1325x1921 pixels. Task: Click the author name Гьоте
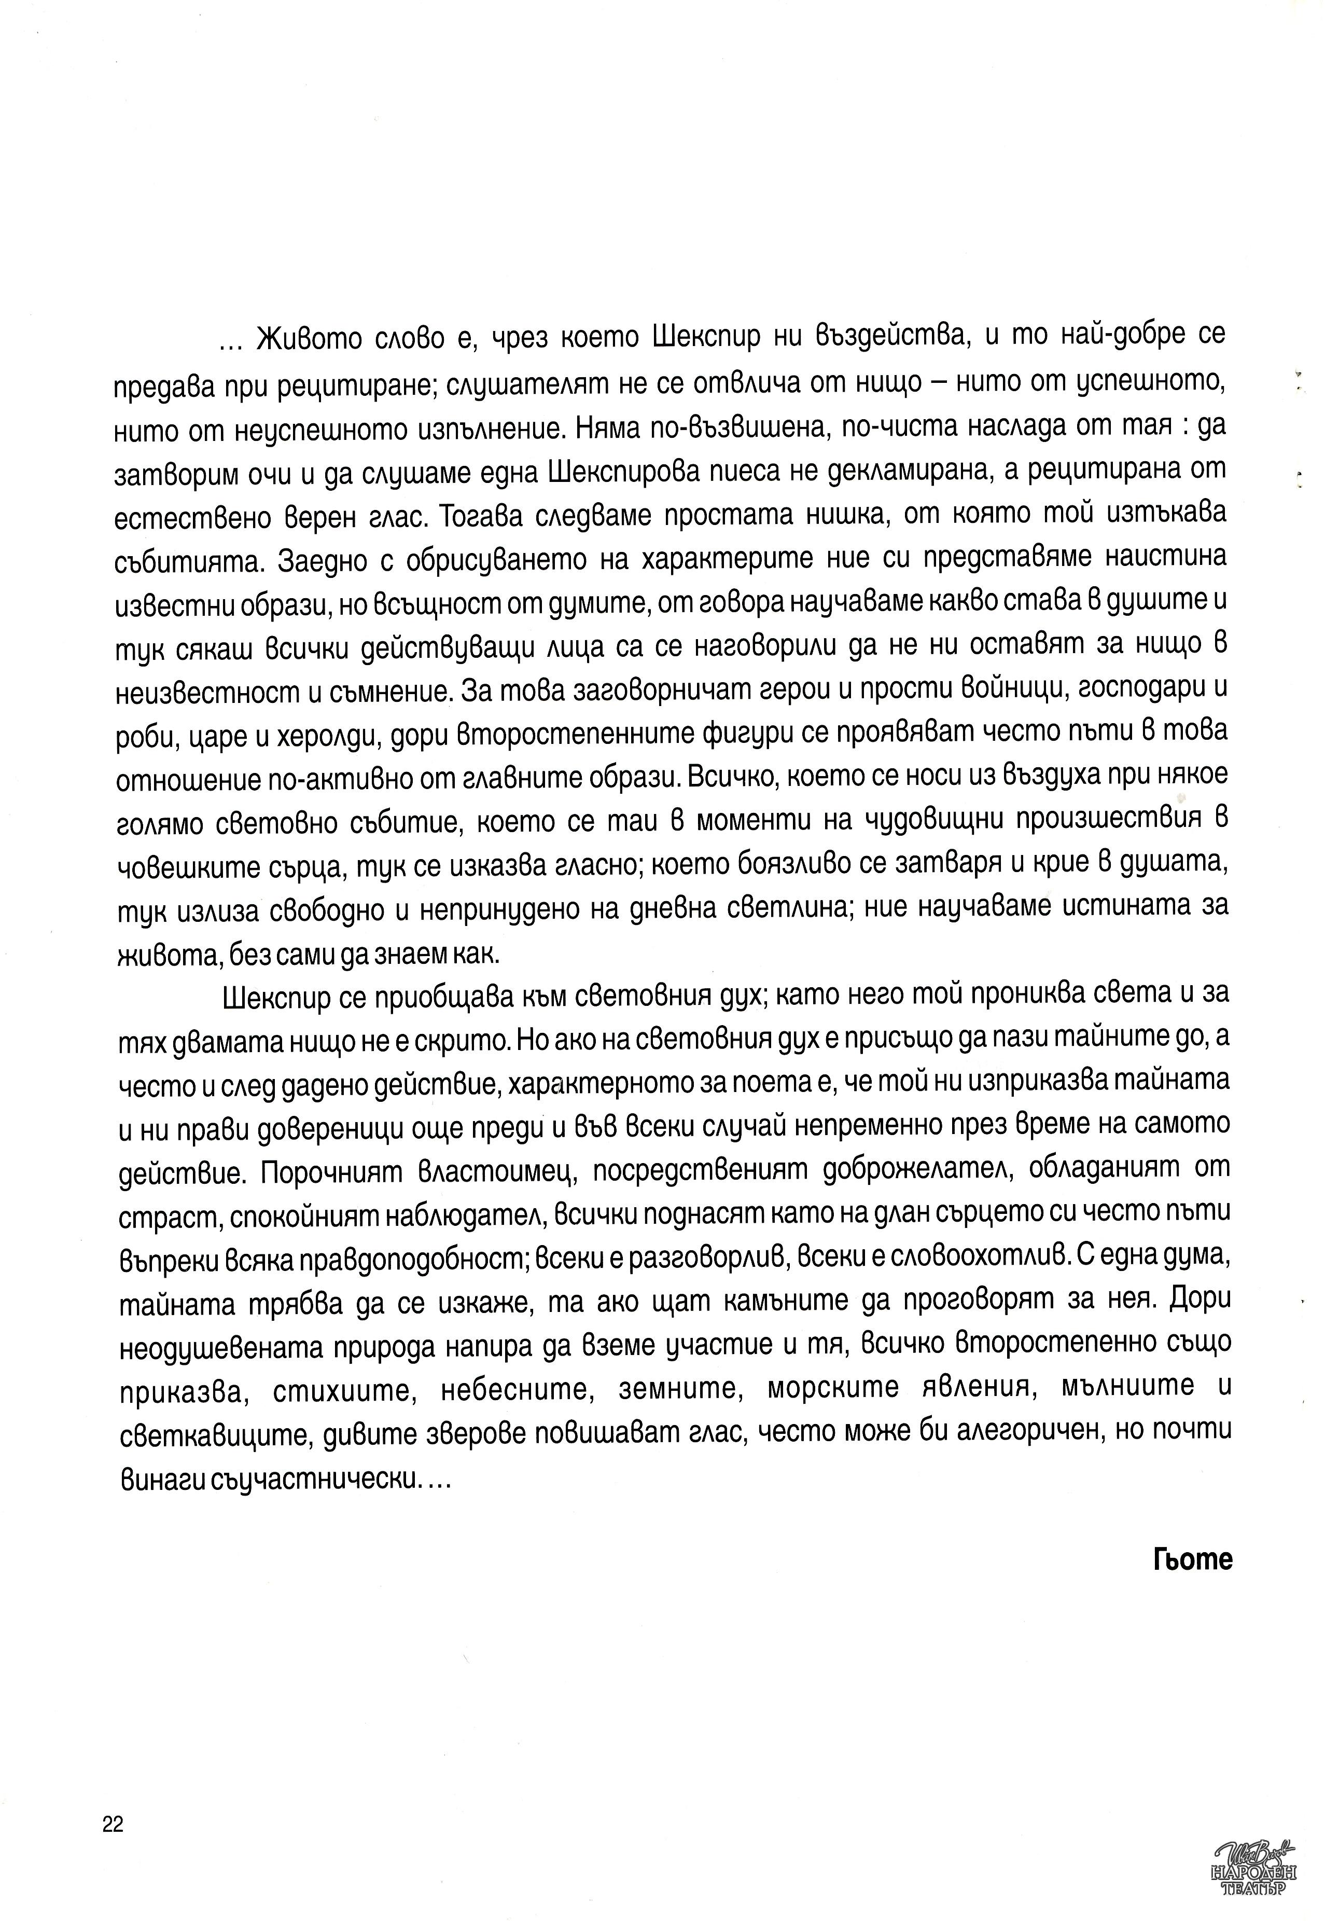(x=1192, y=1559)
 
